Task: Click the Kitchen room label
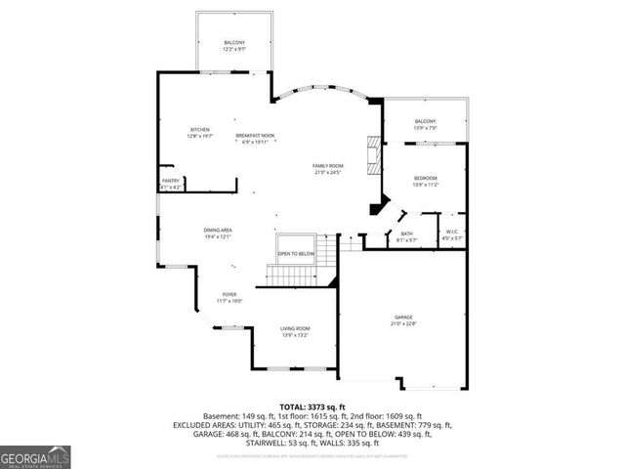pyautogui.click(x=200, y=130)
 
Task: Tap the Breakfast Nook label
pyautogui.click(x=254, y=136)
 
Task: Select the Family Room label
pyautogui.click(x=327, y=166)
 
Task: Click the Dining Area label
pyautogui.click(x=218, y=230)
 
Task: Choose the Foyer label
pyautogui.click(x=229, y=294)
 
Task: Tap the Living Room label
pyautogui.click(x=295, y=328)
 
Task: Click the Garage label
pyautogui.click(x=403, y=318)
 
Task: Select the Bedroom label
pyautogui.click(x=426, y=178)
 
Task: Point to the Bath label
pyautogui.click(x=406, y=234)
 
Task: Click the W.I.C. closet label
pyautogui.click(x=450, y=233)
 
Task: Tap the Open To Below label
pyautogui.click(x=296, y=253)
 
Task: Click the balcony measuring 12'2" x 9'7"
pyautogui.click(x=234, y=43)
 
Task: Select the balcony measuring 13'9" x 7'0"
pyautogui.click(x=426, y=124)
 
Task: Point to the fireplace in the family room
pyautogui.click(x=372, y=152)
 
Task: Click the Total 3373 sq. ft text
pyautogui.click(x=312, y=406)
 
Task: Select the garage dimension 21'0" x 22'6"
pyautogui.click(x=403, y=325)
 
